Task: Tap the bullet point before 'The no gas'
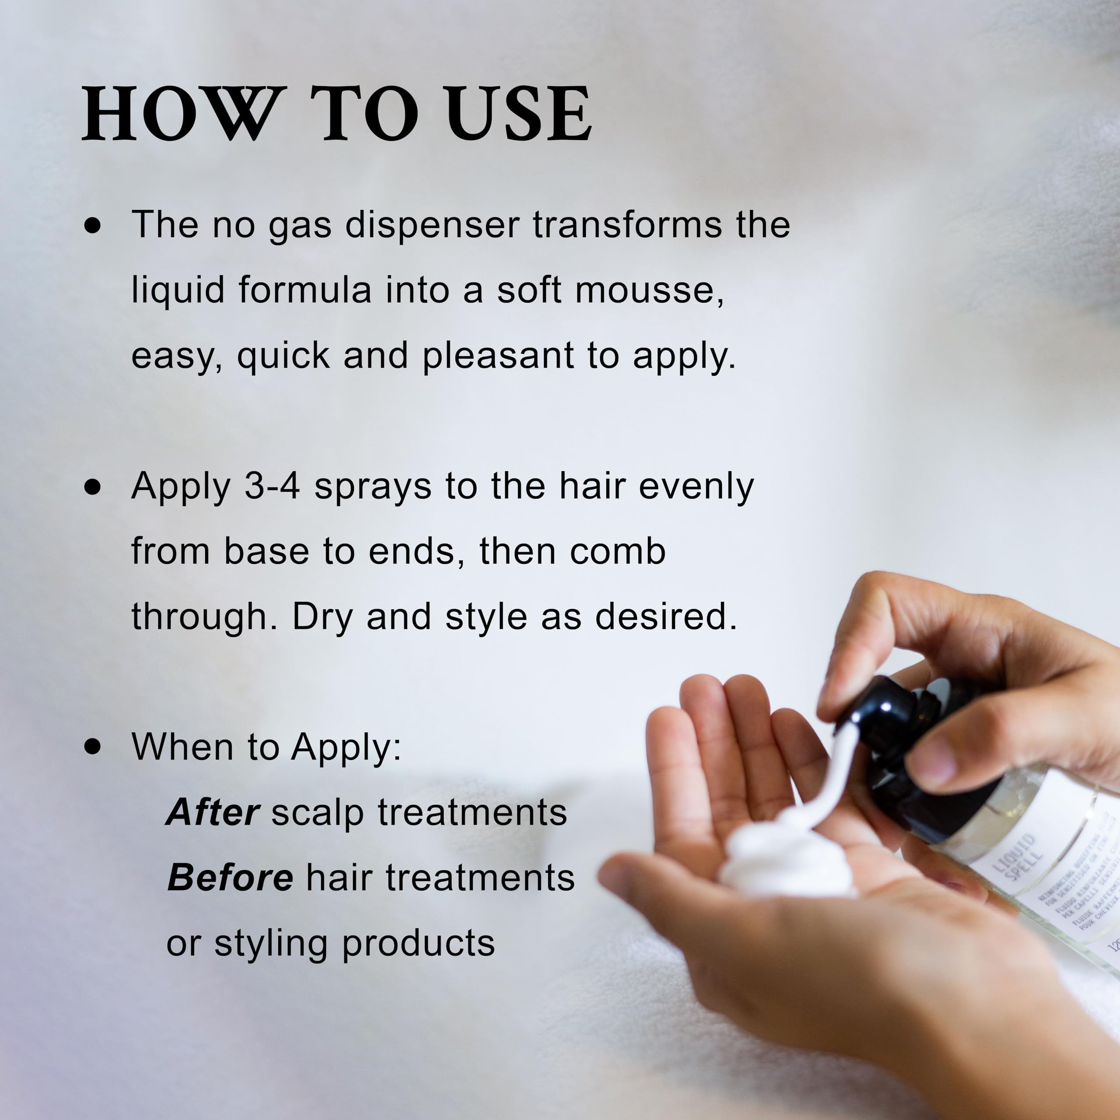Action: click(91, 225)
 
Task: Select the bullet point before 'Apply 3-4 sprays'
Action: click(91, 487)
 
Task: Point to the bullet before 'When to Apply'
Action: click(91, 747)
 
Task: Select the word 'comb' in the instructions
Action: click(617, 551)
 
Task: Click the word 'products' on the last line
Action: click(418, 943)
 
